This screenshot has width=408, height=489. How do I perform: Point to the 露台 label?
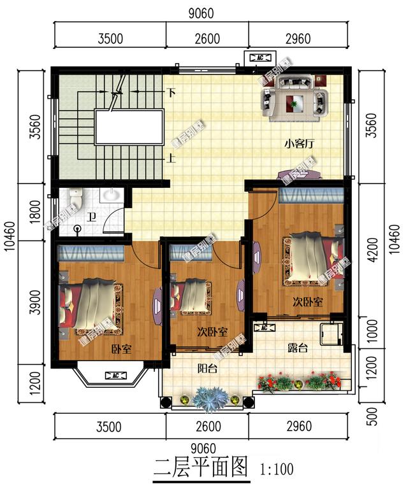[297, 348]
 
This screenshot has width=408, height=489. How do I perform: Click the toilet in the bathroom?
[76, 199]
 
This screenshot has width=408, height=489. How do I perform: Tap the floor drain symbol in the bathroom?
[78, 228]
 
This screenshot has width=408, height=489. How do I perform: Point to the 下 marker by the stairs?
[171, 92]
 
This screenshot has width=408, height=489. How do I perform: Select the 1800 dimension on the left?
[35, 211]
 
